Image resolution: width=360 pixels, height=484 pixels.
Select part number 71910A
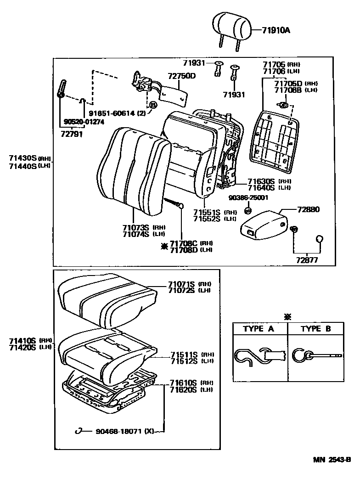tap(277, 31)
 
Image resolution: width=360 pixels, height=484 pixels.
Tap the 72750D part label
tap(182, 76)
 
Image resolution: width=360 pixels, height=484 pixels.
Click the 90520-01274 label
tap(84, 122)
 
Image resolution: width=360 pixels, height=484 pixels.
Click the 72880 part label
tap(309, 210)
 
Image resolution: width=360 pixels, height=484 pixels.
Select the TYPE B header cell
tap(315, 329)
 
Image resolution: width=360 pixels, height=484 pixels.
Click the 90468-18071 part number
tap(118, 431)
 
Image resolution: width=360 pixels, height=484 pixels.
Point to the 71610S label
tap(183, 383)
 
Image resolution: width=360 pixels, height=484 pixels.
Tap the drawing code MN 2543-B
tap(332, 459)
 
